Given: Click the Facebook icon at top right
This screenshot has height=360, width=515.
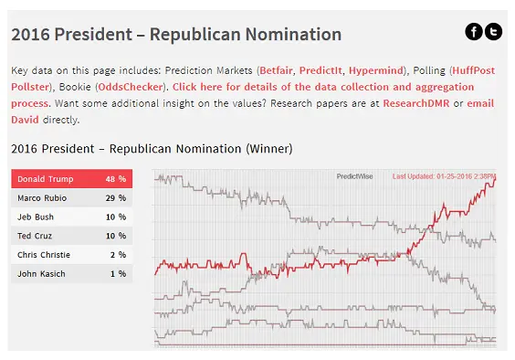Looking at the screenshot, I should [474, 32].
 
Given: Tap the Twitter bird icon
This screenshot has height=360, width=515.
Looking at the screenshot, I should [493, 32].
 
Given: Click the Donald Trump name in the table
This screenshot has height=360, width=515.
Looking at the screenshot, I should [46, 178].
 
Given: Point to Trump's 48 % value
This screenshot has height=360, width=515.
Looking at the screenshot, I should [115, 178].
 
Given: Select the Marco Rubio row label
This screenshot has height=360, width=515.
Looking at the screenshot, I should [42, 197].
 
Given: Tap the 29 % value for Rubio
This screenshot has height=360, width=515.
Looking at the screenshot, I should [115, 197].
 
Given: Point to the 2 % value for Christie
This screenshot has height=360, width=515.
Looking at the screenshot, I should [117, 255].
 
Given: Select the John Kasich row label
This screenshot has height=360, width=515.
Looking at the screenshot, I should [40, 274].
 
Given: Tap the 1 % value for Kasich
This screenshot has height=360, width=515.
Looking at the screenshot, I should [117, 274].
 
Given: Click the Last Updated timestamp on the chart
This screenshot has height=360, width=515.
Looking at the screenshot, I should [444, 175].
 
